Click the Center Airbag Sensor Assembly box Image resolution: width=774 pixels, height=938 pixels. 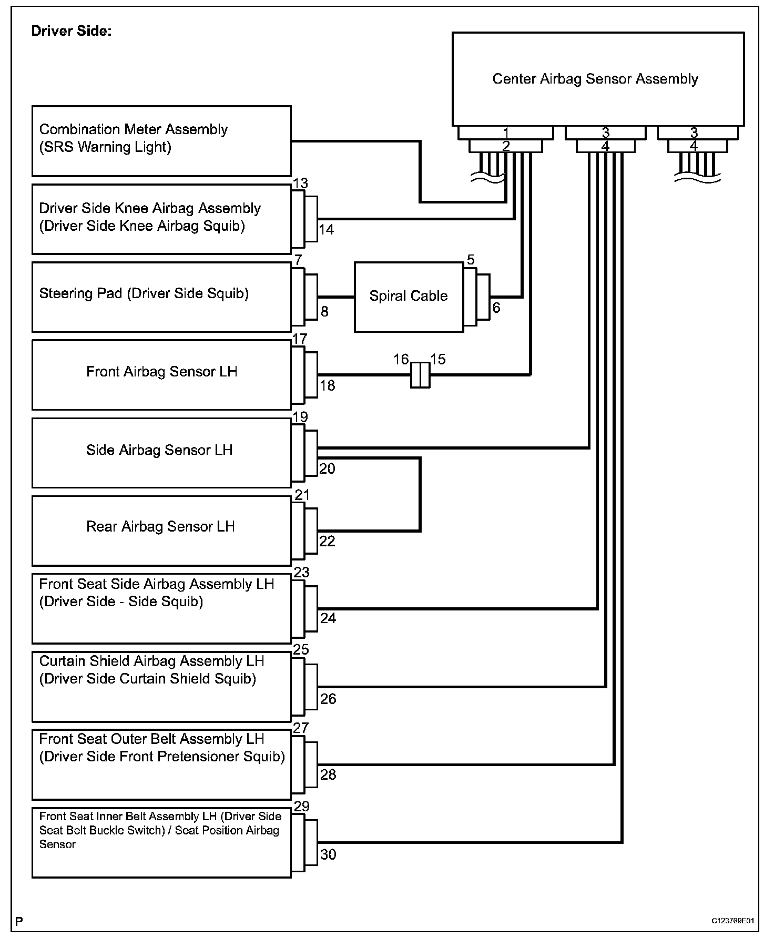598,79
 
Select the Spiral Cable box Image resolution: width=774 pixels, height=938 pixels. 409,297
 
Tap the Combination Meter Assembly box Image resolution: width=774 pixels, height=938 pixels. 161,141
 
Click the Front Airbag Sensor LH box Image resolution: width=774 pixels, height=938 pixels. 161,374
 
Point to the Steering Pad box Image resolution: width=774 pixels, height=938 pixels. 161,297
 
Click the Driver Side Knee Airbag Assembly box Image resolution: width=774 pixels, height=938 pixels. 161,219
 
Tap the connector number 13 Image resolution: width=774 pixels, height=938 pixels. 300,183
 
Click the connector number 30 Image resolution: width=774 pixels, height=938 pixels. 328,854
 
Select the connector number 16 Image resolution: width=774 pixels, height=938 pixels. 401,359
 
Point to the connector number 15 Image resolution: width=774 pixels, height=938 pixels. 438,359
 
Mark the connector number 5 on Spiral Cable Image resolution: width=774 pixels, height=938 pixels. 471,259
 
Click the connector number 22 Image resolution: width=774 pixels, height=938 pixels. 327,541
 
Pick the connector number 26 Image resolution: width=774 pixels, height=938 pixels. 328,699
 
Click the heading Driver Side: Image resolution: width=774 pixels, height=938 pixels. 72,31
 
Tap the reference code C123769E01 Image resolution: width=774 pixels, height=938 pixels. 732,921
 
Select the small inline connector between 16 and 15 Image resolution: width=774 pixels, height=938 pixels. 420,375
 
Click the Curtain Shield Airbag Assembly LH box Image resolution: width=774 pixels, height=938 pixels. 161,686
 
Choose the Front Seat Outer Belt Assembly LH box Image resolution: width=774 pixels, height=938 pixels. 161,764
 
